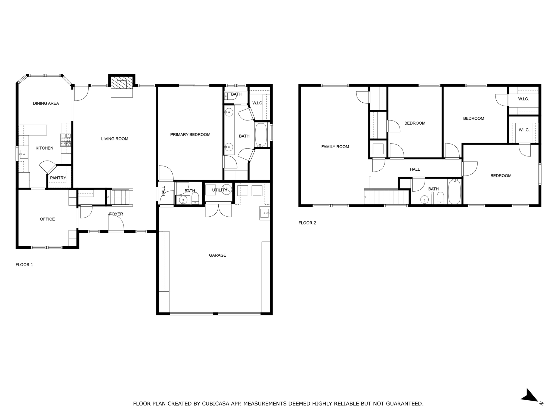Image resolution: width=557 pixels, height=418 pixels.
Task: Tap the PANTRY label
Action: [58, 178]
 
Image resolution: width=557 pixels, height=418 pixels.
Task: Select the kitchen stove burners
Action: [66, 140]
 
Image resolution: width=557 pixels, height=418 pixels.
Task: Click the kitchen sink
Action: [24, 154]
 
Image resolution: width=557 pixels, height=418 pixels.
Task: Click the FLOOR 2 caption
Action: [307, 223]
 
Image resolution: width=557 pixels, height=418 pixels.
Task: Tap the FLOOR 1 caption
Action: [24, 265]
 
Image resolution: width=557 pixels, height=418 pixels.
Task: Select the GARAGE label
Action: [218, 255]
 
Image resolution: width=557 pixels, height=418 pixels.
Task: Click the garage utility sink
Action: [264, 213]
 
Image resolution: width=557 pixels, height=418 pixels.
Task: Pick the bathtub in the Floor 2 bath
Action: [454, 192]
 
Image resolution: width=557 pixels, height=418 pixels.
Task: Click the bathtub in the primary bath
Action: [261, 135]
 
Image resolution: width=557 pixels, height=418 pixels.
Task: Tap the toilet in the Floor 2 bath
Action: [440, 198]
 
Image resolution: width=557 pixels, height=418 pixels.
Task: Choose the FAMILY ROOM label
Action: [335, 147]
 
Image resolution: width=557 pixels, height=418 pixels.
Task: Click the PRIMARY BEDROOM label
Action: [190, 134]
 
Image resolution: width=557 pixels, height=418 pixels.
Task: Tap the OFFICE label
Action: [47, 219]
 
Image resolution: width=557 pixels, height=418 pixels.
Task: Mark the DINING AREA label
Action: [46, 103]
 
